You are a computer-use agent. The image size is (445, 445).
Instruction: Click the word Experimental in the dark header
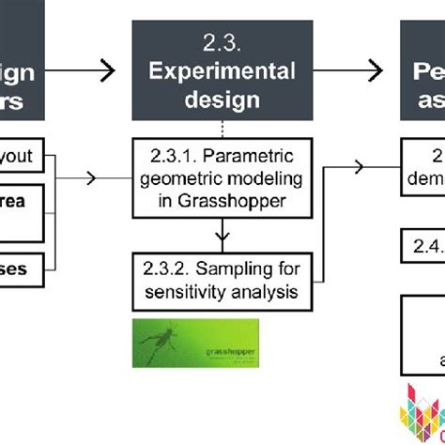222,71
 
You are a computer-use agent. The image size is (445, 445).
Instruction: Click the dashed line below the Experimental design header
221,128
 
